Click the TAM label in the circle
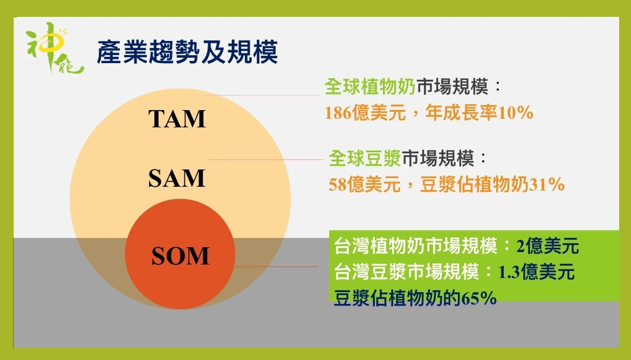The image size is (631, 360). tap(177, 119)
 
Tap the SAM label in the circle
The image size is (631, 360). tap(177, 178)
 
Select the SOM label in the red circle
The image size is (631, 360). tap(180, 256)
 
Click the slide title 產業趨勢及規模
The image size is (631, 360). tap(187, 52)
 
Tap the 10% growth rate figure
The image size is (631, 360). tap(516, 113)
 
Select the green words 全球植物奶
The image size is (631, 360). tap(370, 86)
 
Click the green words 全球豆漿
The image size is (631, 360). tap(365, 158)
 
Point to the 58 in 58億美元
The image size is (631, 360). tap(337, 185)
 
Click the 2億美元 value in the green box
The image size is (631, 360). tap(548, 246)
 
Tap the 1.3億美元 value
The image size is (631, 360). tap(537, 272)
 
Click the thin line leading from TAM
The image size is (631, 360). tap(262, 95)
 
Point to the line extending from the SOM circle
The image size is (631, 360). tap(276, 266)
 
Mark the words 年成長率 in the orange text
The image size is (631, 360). tap(461, 113)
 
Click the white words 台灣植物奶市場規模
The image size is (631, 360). tap(416, 246)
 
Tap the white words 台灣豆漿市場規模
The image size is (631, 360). tap(407, 272)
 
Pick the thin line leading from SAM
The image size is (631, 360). tap(265, 159)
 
